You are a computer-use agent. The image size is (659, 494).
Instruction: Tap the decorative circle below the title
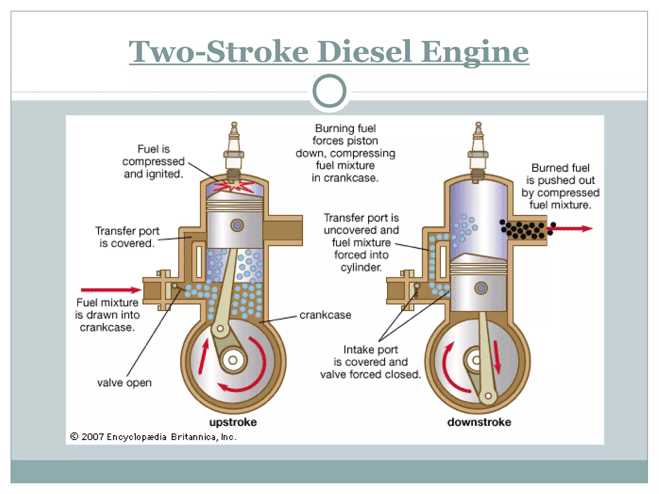[x=329, y=91]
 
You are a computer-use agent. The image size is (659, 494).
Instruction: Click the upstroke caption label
[x=233, y=422]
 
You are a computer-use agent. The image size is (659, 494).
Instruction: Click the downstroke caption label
[x=479, y=422]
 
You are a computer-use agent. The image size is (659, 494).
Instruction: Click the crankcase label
[x=325, y=315]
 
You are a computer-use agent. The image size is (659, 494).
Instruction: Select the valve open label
[x=124, y=383]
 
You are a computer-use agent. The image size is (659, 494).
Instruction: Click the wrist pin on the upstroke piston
[x=237, y=225]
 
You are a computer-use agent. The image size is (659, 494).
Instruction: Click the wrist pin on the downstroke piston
[x=481, y=288]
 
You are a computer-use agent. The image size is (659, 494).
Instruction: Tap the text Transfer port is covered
[x=127, y=237]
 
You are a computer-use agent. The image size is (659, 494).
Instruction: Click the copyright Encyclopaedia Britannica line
[x=153, y=437]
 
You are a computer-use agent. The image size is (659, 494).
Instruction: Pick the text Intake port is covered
[x=370, y=362]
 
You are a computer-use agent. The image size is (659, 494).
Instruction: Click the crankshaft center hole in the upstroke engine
[x=233, y=360]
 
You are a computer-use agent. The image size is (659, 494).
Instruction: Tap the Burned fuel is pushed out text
[x=560, y=186]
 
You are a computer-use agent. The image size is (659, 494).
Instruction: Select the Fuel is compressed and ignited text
[x=153, y=161]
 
